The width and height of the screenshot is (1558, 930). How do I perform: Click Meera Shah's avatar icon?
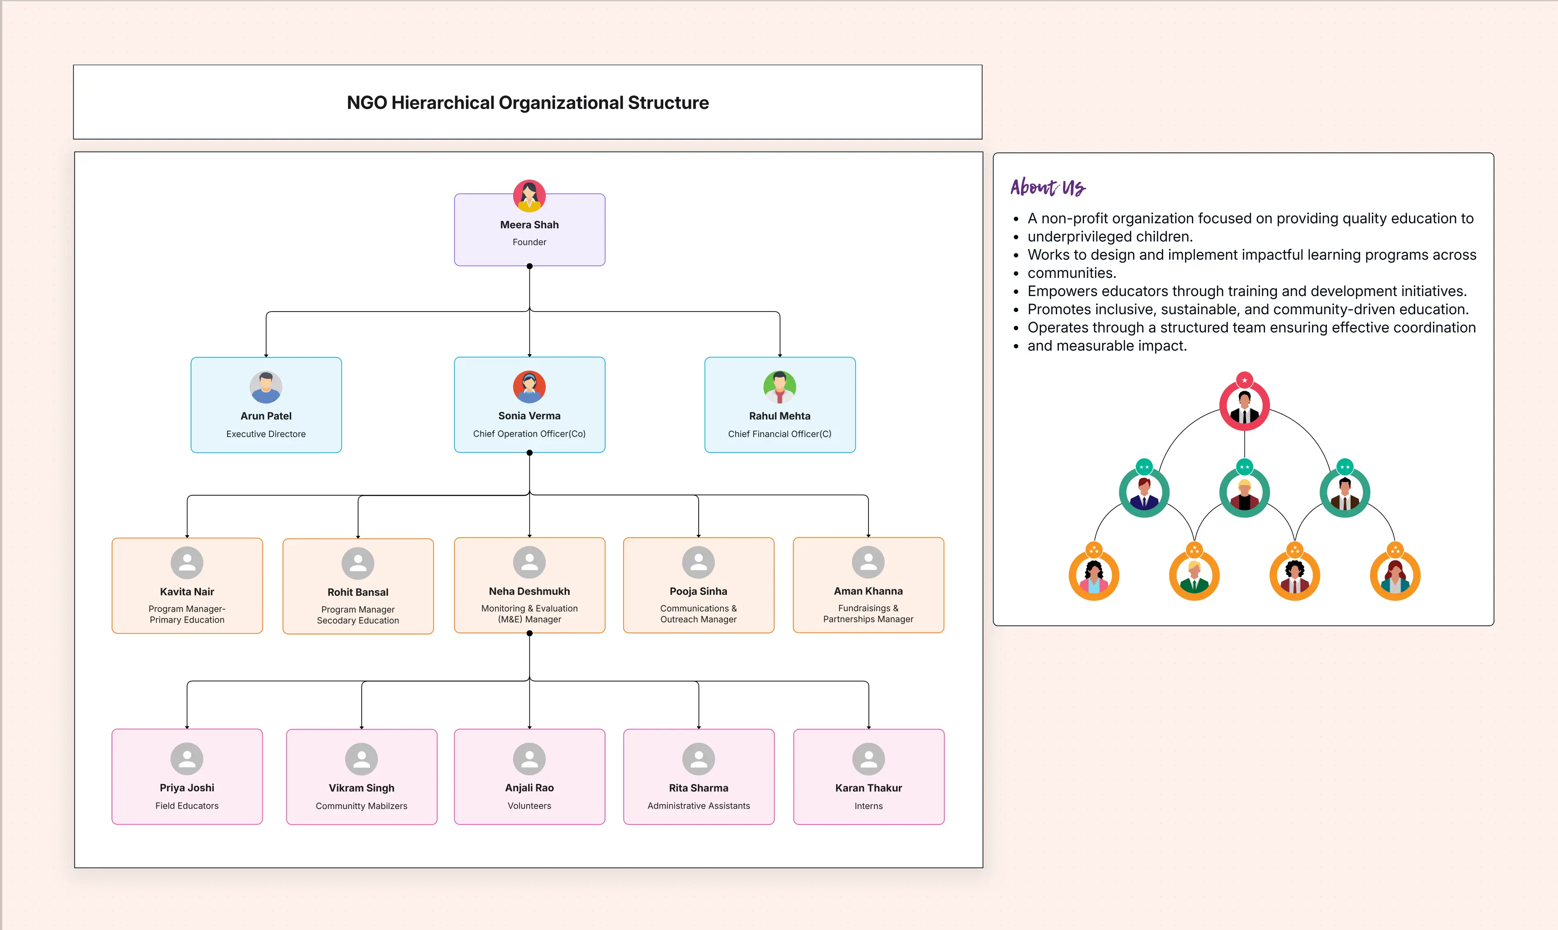tap(529, 196)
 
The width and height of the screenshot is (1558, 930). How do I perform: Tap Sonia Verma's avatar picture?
tap(529, 387)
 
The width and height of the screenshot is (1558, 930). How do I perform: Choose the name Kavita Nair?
tap(187, 592)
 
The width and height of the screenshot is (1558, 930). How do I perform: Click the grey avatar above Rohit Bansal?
tap(358, 563)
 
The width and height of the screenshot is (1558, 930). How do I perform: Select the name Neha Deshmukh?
tap(529, 591)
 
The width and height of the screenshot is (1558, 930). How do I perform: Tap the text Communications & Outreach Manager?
tap(698, 613)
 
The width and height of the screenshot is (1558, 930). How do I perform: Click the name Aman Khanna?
tap(868, 591)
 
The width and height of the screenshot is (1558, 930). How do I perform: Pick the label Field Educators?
tap(187, 805)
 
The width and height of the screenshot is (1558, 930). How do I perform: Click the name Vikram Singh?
tap(361, 788)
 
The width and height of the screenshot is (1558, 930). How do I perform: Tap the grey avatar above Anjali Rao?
tap(529, 759)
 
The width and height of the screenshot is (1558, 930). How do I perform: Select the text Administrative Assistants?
tap(698, 805)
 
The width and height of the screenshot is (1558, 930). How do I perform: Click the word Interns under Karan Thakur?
tap(868, 806)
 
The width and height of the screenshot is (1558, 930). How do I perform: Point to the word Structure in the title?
tap(668, 103)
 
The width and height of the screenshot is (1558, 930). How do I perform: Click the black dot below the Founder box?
tap(529, 266)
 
